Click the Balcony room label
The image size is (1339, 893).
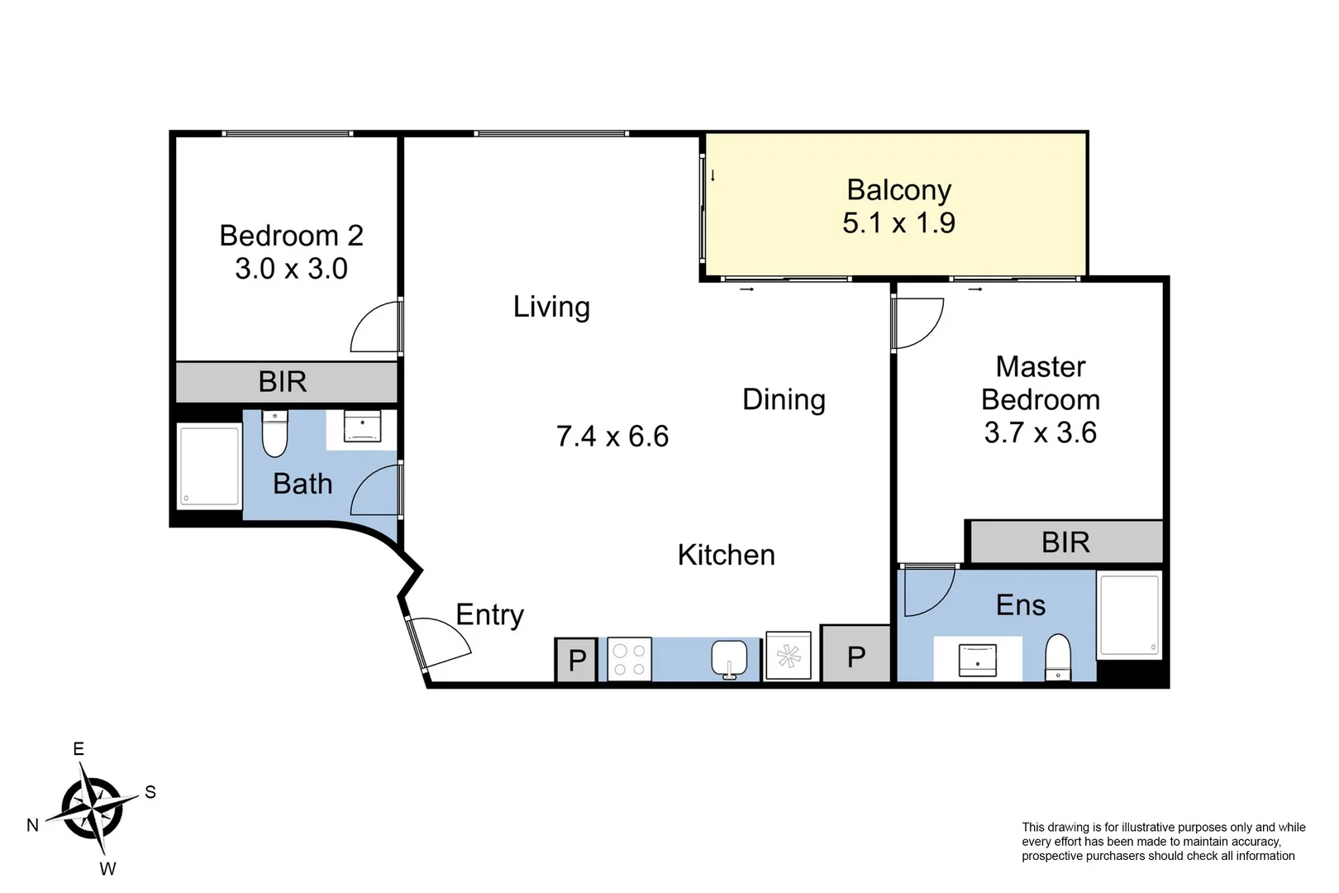898,190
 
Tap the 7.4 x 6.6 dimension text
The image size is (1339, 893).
612,436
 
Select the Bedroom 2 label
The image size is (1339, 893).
291,236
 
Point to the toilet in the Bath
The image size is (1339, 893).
275,433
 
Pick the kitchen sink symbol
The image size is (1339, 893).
729,659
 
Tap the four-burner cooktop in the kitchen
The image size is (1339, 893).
630,659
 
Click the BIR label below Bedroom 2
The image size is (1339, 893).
283,382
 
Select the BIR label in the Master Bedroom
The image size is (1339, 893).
1065,542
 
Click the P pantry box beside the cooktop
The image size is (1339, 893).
576,660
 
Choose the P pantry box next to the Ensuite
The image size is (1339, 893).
856,654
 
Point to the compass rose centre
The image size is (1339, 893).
92,809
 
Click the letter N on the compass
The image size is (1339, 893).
33,825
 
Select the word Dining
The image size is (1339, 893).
784,399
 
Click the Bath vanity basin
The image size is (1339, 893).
362,426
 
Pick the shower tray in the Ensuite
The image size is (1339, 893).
1129,615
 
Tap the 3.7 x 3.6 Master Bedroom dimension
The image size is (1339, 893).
1040,432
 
